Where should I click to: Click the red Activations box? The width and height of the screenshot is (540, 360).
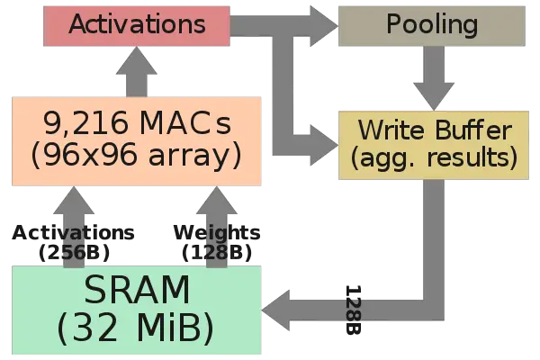point(137,24)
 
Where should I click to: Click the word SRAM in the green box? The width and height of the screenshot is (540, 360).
point(137,291)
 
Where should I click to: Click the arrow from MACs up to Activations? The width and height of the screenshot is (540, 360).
point(137,72)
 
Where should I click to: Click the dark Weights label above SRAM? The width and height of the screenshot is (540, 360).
point(216,233)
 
